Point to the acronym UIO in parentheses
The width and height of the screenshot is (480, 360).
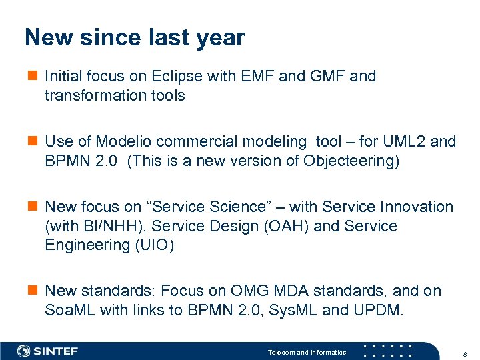click(153, 245)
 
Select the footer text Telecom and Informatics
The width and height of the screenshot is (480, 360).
click(307, 352)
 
